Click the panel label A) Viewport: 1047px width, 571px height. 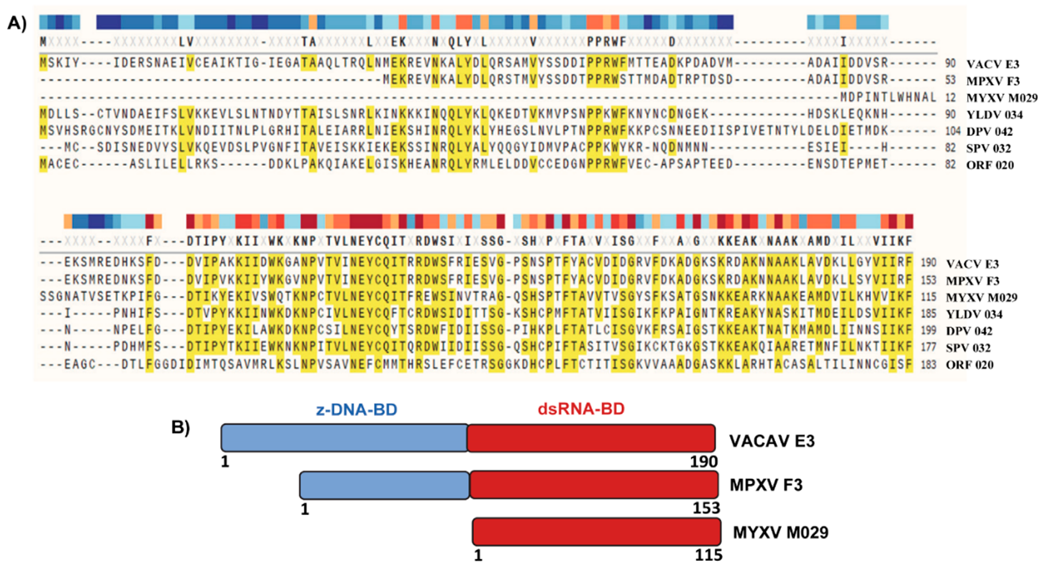click(17, 24)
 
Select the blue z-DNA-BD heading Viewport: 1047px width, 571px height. click(357, 410)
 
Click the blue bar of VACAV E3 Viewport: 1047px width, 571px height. click(345, 438)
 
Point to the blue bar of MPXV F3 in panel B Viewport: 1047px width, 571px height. click(384, 485)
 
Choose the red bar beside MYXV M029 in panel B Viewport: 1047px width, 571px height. click(596, 531)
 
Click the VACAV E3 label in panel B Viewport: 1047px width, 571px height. click(772, 441)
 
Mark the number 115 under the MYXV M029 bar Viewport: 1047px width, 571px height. click(708, 555)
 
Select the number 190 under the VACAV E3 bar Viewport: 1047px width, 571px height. click(704, 462)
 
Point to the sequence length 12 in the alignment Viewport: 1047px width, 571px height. click(950, 98)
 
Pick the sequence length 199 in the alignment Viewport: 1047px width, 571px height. click(929, 331)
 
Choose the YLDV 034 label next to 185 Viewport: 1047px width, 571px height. click(974, 314)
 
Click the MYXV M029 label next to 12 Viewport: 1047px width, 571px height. click(1001, 98)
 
